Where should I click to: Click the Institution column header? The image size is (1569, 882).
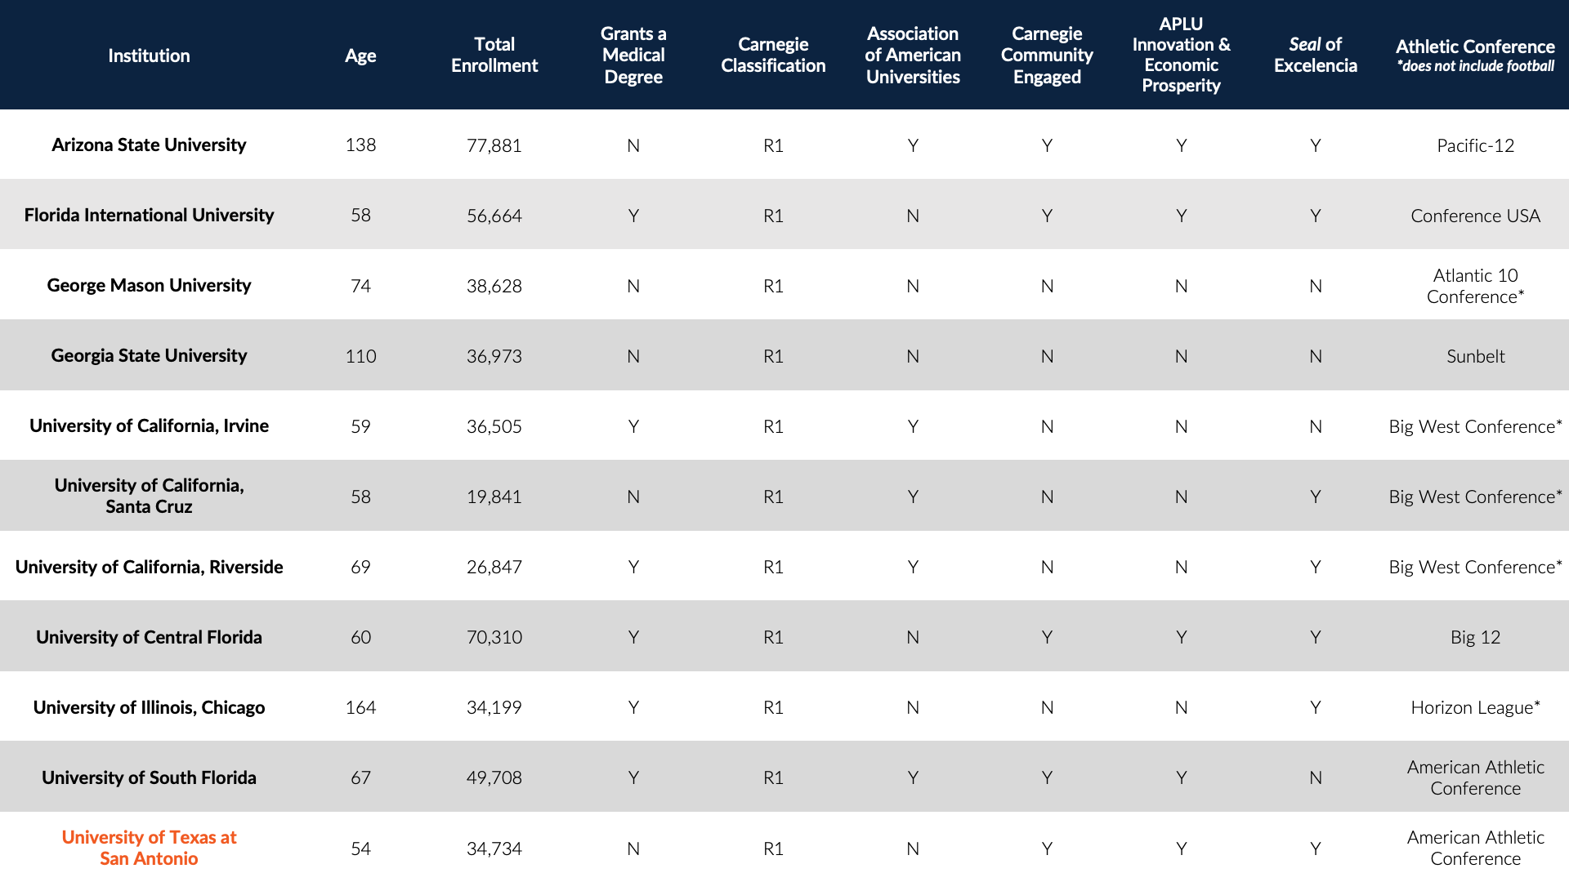click(x=149, y=56)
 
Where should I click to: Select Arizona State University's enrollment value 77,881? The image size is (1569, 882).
click(x=494, y=145)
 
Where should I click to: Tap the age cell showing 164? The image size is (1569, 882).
click(x=360, y=707)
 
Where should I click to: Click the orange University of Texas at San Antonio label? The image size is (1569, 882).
click(x=149, y=848)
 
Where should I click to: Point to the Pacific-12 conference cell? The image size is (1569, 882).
click(x=1475, y=145)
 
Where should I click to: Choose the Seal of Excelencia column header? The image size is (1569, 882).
click(x=1315, y=55)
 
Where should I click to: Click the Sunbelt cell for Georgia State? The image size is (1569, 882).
click(x=1475, y=356)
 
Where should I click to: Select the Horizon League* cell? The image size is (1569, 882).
click(x=1475, y=707)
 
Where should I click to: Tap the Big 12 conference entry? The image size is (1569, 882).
click(x=1475, y=637)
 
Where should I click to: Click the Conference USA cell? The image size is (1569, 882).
click(x=1475, y=216)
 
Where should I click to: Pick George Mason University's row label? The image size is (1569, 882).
click(x=149, y=285)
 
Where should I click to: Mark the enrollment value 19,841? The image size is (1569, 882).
click(x=494, y=497)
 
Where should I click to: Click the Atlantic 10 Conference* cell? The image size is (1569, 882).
click(x=1475, y=286)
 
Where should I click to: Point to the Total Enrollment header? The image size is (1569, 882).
click(x=494, y=55)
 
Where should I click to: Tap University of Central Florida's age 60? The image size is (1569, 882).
click(x=360, y=637)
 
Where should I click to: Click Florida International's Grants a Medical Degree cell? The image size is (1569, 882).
click(x=633, y=216)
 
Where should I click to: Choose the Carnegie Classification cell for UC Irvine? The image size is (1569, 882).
click(x=773, y=426)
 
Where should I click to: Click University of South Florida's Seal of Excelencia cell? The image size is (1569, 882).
click(x=1315, y=777)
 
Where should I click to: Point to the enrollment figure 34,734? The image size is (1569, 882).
click(x=494, y=849)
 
